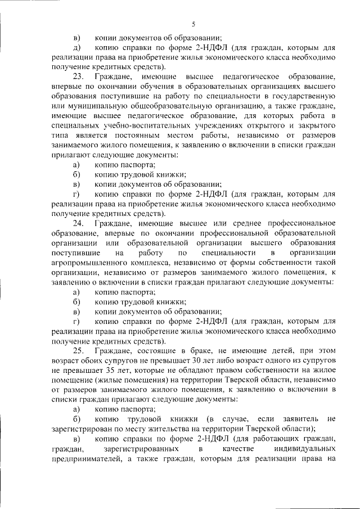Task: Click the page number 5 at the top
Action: coord(193,23)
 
